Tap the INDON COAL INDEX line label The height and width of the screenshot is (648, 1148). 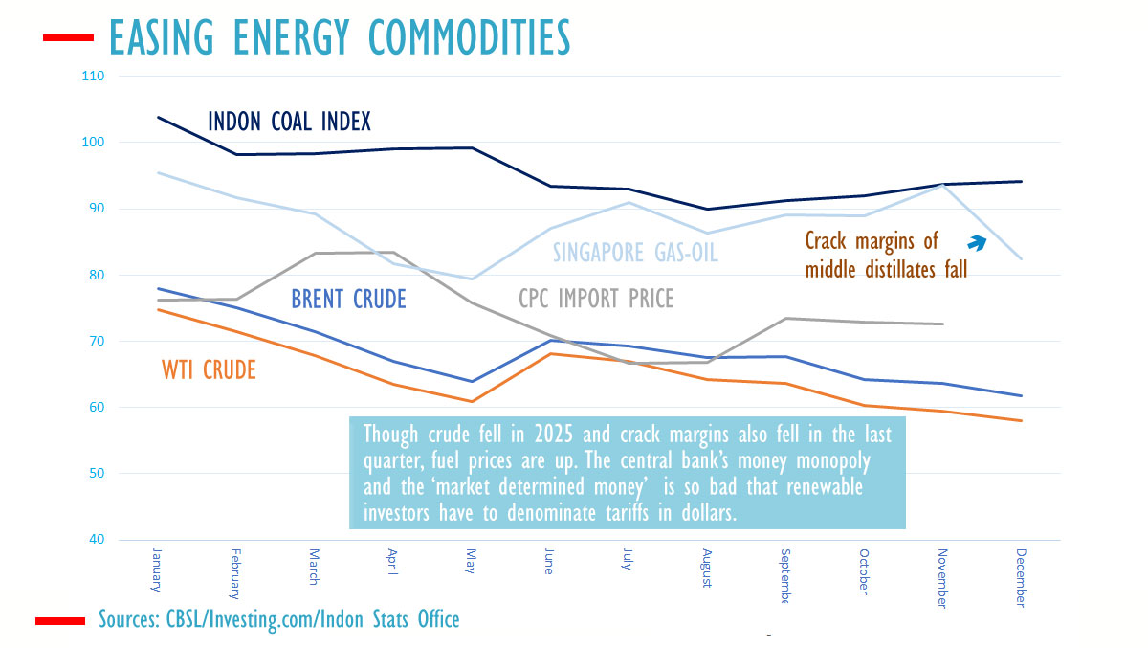(x=289, y=122)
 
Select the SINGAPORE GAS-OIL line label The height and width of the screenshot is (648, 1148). (x=635, y=253)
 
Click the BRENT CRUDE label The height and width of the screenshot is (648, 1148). (x=348, y=300)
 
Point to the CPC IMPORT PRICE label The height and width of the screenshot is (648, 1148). (x=596, y=300)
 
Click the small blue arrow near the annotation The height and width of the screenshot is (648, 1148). (x=981, y=243)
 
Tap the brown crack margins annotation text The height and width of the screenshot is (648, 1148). (x=887, y=256)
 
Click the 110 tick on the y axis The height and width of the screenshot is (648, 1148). (x=94, y=76)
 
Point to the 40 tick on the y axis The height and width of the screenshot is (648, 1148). (x=96, y=540)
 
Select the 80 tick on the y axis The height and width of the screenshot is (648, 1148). (x=96, y=275)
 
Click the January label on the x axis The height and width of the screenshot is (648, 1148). (x=156, y=572)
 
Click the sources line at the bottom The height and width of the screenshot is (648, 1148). (x=278, y=619)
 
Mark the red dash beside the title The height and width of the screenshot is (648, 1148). (x=68, y=38)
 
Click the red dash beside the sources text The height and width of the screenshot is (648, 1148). (x=61, y=621)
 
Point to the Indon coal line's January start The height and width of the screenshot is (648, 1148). (x=157, y=117)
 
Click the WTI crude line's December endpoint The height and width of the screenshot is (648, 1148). (x=1022, y=420)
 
